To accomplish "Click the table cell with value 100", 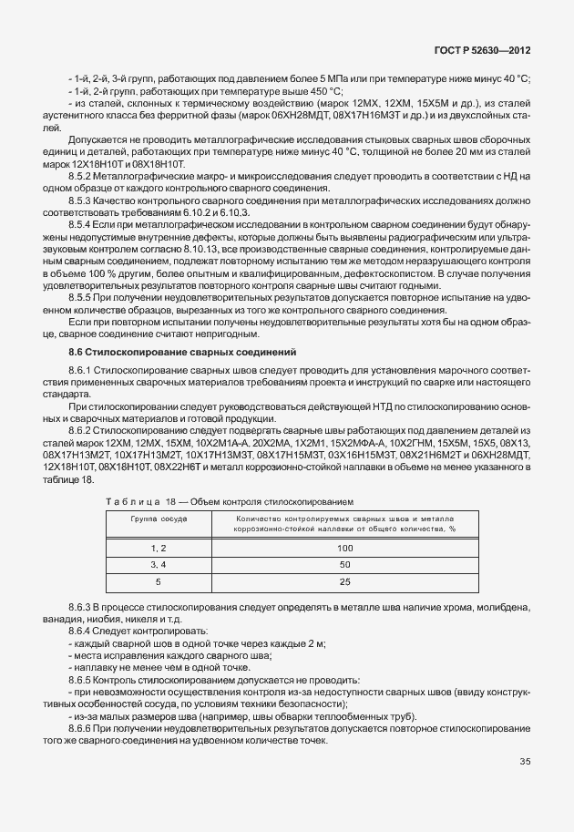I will (x=344, y=548).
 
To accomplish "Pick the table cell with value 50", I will (x=344, y=564).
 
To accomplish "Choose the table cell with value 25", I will (x=344, y=580).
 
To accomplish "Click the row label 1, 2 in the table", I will (x=159, y=548).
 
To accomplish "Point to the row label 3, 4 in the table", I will (x=159, y=564).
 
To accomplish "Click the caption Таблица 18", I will (x=146, y=501).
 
